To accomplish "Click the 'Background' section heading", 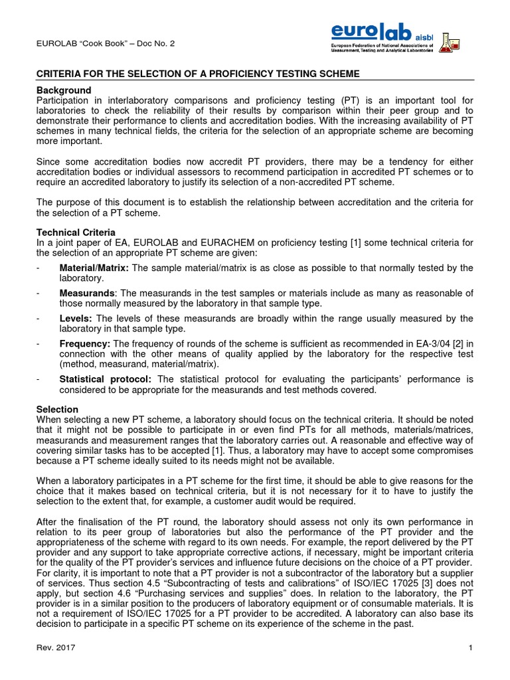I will point(64,90).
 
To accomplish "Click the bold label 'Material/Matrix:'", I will point(94,268).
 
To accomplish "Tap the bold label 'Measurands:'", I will point(88,293).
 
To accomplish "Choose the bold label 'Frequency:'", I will point(85,343).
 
